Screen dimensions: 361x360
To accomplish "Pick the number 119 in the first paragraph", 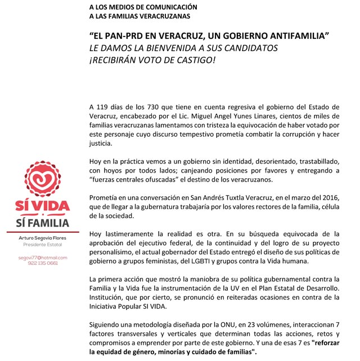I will pos(104,107).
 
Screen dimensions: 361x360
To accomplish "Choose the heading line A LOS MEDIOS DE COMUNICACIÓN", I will pos(143,6).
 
